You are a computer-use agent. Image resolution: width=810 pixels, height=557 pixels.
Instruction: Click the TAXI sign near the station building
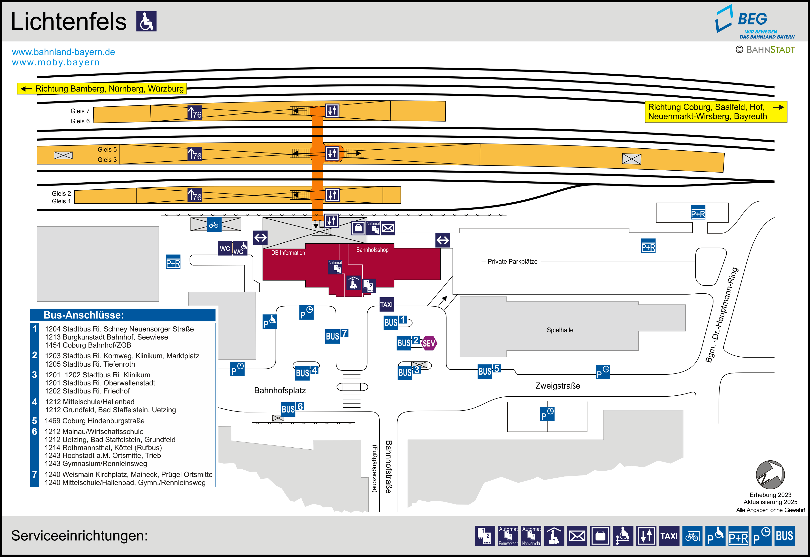click(386, 304)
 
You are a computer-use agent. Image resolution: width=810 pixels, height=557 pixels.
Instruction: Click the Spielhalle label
click(560, 330)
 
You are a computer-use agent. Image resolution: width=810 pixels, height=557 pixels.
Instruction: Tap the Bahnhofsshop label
click(372, 250)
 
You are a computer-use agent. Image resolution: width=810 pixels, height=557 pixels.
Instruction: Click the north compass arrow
click(770, 475)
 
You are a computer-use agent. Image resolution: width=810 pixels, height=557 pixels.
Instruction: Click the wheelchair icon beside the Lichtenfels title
click(146, 21)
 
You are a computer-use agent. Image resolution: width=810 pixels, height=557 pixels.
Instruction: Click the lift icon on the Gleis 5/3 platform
click(332, 153)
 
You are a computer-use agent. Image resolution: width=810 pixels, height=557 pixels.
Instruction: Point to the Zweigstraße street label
click(558, 386)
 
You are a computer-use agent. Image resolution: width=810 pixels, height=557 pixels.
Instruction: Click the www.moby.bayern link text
click(56, 62)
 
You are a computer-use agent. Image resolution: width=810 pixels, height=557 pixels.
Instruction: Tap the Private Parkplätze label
click(512, 261)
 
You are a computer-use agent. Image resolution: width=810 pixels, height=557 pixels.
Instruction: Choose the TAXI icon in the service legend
click(669, 536)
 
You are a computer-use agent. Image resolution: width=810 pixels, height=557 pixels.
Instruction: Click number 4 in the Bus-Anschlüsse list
click(35, 402)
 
